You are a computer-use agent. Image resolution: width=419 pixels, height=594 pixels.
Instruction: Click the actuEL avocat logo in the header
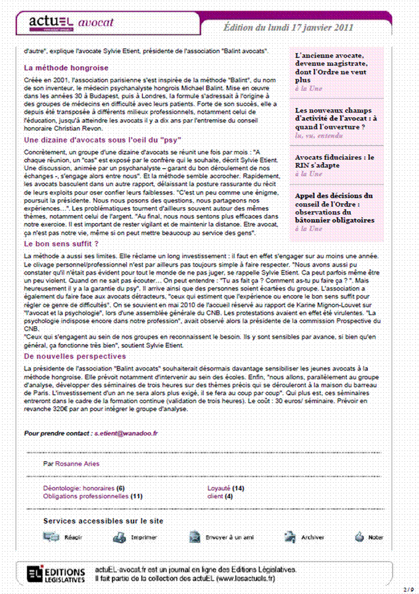[x=70, y=24]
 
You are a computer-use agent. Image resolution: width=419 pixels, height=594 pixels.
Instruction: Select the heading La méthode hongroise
[x=66, y=67]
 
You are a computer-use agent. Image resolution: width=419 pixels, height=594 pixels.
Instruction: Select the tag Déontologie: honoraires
[x=79, y=488]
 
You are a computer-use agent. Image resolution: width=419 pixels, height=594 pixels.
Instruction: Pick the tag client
[x=215, y=495]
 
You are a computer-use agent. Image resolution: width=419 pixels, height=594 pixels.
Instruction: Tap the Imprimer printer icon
[x=119, y=537]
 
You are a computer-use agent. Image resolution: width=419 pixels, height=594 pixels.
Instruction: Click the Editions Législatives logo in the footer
[x=56, y=573]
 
